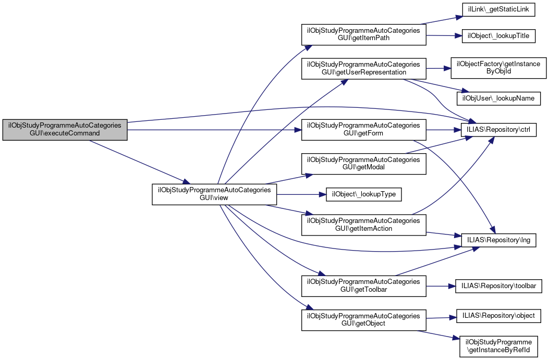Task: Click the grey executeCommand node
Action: [65, 129]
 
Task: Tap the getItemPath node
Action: [363, 35]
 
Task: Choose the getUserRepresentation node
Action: [363, 68]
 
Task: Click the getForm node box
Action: [363, 130]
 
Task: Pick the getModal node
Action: [363, 164]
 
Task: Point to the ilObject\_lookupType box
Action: [363, 194]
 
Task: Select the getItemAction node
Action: [363, 225]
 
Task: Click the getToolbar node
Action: [363, 286]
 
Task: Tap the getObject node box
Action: [363, 319]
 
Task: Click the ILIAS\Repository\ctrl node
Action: [499, 130]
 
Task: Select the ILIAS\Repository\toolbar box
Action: [499, 286]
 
